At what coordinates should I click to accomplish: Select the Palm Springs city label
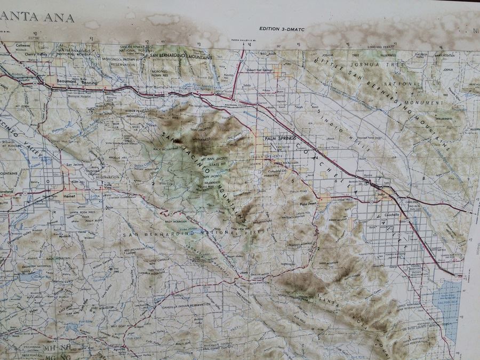point(279,138)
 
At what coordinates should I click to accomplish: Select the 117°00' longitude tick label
point(34,38)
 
